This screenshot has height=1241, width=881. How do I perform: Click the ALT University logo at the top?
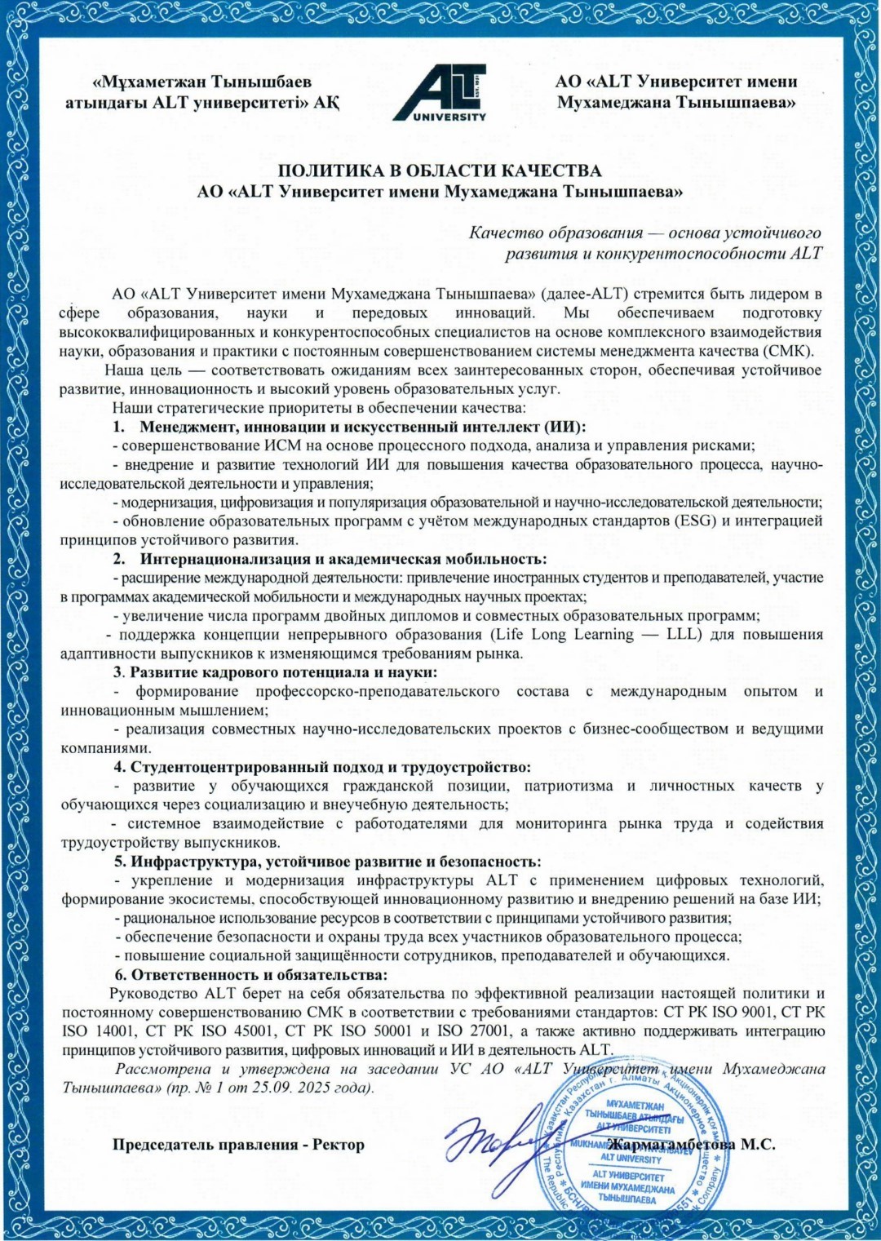440,92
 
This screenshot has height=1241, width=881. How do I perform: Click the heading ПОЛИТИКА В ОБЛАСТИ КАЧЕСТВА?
440,171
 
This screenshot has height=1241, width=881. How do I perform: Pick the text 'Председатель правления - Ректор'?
238,1144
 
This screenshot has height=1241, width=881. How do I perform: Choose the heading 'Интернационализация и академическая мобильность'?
343,559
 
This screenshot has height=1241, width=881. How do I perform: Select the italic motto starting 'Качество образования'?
644,243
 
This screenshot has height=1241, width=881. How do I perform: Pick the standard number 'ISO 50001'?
370,1031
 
